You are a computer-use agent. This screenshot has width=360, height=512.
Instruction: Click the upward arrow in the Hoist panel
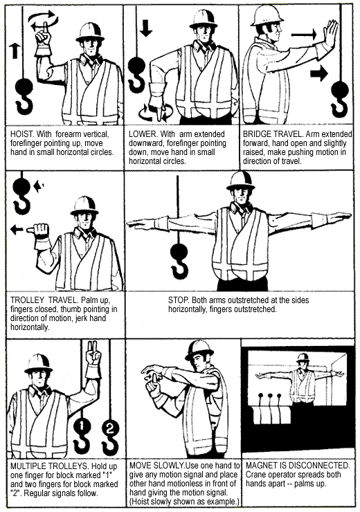point(15,51)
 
